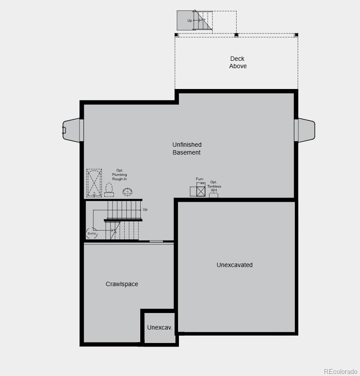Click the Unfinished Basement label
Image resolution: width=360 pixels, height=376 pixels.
(x=187, y=148)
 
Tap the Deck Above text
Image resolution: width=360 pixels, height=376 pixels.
(x=238, y=62)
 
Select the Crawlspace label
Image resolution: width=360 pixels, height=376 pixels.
(x=122, y=284)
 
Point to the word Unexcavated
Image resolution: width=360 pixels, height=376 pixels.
(x=234, y=265)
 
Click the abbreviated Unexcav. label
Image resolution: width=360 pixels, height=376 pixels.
(x=159, y=327)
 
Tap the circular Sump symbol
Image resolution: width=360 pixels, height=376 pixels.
(x=92, y=234)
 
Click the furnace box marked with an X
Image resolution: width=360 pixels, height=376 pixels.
(x=201, y=191)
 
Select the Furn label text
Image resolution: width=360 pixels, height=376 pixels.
(x=200, y=179)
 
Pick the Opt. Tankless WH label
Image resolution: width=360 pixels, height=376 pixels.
(x=214, y=186)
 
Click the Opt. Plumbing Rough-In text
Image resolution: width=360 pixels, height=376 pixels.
(x=119, y=175)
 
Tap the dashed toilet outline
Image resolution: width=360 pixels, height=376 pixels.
(x=109, y=190)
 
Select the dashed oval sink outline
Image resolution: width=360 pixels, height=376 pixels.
(x=127, y=191)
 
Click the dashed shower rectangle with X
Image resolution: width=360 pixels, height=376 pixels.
(x=94, y=183)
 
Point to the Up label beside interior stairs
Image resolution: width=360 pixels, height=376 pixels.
(x=145, y=209)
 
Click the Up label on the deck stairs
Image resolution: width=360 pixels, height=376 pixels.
(x=190, y=20)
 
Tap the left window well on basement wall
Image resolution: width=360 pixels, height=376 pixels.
(x=72, y=130)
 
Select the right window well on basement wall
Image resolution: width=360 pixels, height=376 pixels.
(x=306, y=130)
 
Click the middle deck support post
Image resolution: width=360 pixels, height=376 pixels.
(x=236, y=35)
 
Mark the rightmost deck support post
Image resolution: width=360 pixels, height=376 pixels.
(x=296, y=35)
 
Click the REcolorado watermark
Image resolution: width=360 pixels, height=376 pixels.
(x=340, y=371)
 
